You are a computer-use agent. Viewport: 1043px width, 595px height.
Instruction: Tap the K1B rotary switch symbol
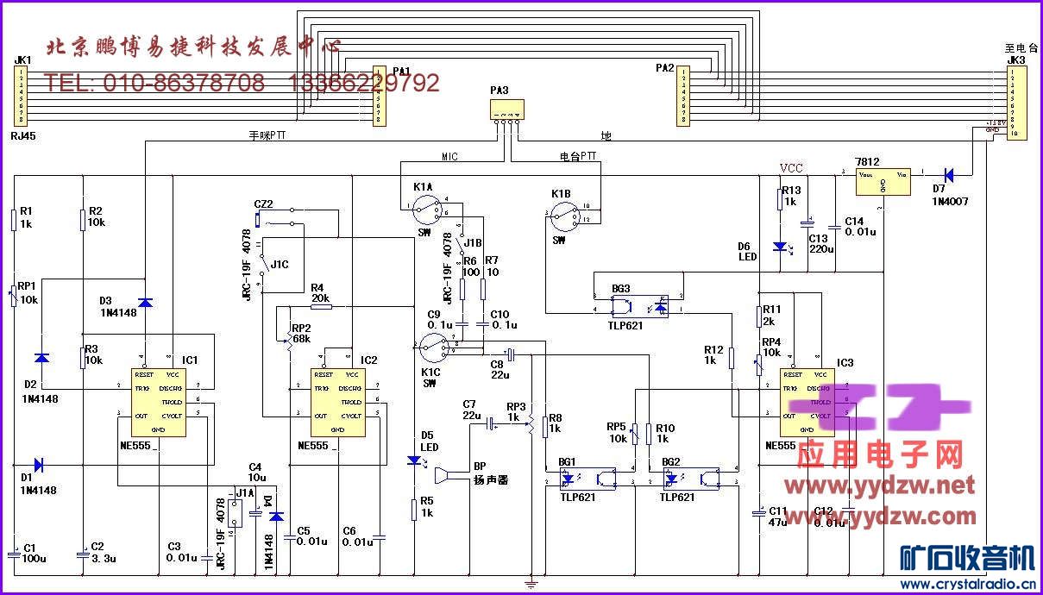[x=566, y=212]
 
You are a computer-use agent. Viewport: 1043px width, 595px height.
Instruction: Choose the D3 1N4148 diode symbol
[x=145, y=302]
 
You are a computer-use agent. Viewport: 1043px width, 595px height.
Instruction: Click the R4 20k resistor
[x=320, y=305]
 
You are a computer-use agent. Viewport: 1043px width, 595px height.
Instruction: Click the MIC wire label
[x=450, y=157]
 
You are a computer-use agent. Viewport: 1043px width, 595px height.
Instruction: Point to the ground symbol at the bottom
[x=531, y=584]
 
